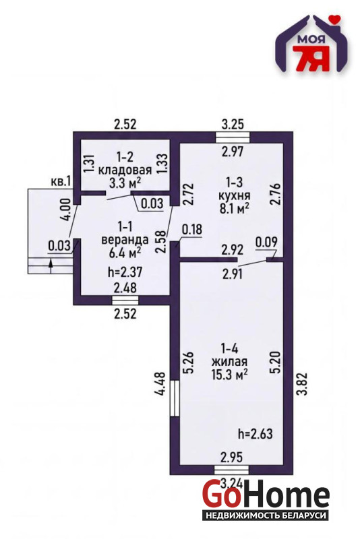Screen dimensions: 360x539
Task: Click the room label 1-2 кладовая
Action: [x=125, y=164]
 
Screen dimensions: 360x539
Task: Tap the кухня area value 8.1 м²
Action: [x=234, y=208]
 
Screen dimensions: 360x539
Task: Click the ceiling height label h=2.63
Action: [x=255, y=434]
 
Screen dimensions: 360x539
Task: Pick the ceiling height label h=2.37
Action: [x=125, y=272]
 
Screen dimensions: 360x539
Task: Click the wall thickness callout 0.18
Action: [x=192, y=229]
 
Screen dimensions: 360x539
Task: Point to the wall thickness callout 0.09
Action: [x=266, y=242]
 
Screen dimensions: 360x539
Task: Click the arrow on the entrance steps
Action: [x=51, y=266]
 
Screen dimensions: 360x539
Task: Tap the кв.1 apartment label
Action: [x=61, y=181]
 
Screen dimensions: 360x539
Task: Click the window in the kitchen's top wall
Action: [x=233, y=137]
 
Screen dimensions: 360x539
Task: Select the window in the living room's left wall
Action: [x=175, y=398]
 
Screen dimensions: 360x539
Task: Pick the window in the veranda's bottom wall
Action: [x=125, y=300]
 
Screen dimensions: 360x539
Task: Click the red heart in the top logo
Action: [x=333, y=18]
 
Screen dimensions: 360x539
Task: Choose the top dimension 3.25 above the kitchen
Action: [x=233, y=124]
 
